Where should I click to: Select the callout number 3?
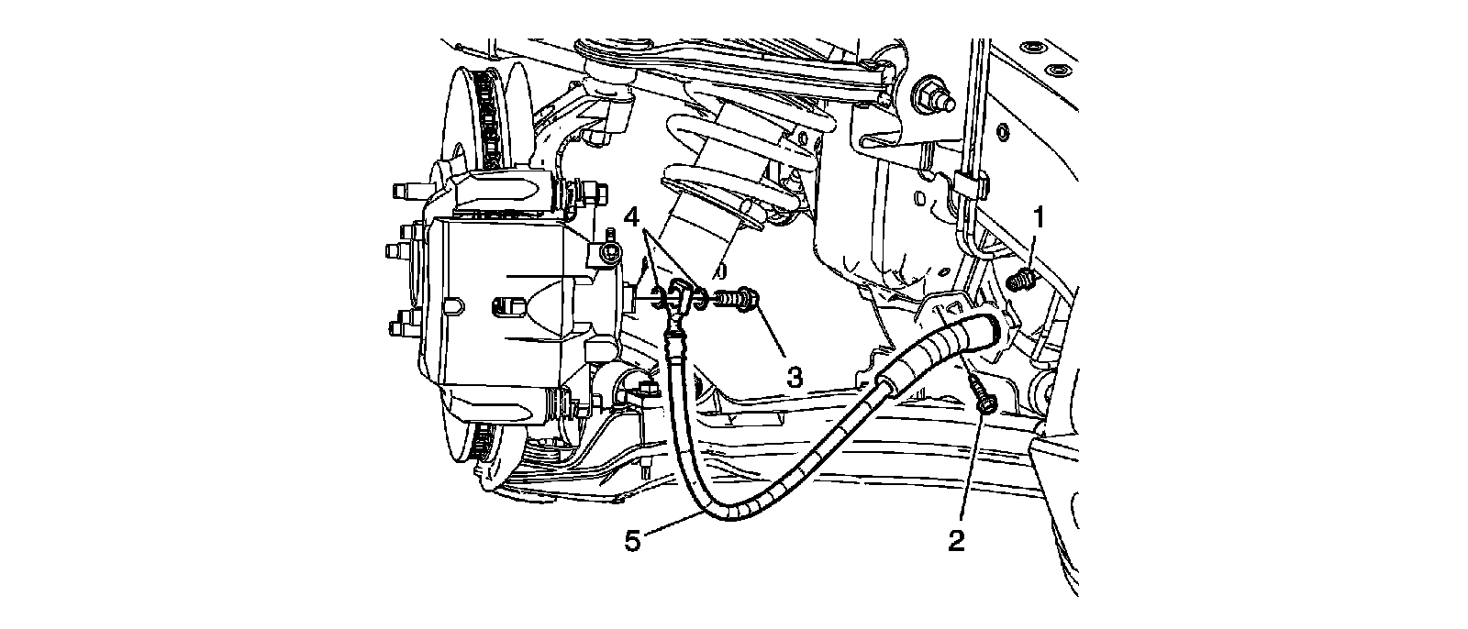(795, 376)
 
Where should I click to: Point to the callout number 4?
(631, 217)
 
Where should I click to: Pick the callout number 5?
(632, 541)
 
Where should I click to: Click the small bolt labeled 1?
(1019, 279)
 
